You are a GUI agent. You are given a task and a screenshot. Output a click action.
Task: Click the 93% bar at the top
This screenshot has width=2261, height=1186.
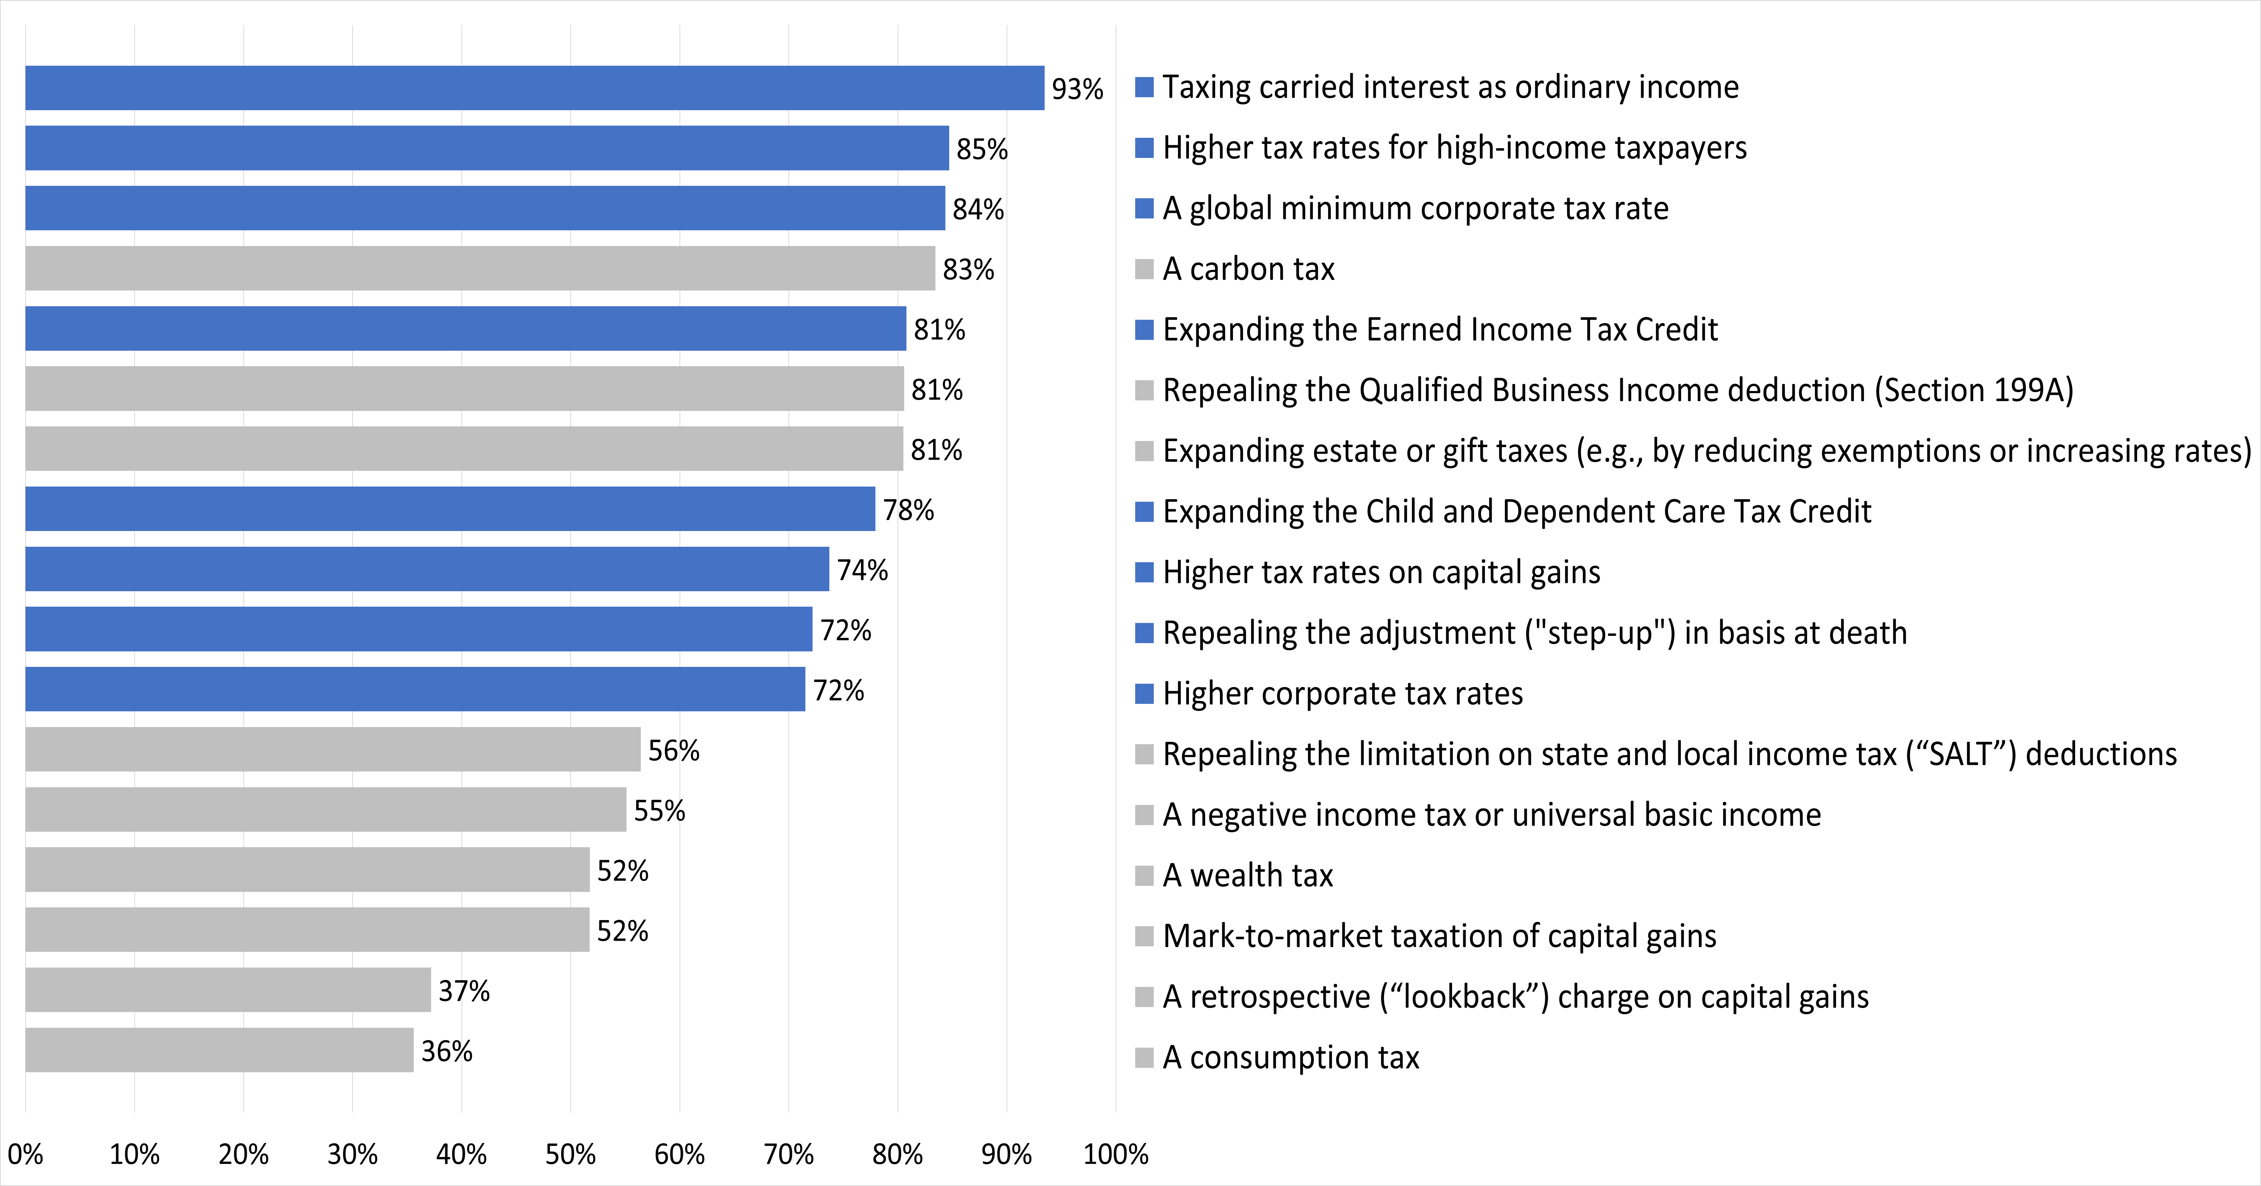pos(535,88)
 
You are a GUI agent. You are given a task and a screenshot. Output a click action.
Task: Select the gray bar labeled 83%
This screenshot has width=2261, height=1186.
pos(480,268)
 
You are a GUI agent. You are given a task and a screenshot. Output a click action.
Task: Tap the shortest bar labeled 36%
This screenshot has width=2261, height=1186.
pos(219,1050)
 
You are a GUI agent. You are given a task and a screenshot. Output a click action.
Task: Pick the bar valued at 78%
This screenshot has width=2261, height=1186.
pos(450,509)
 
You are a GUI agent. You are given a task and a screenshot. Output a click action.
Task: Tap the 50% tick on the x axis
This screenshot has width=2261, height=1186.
pos(570,1153)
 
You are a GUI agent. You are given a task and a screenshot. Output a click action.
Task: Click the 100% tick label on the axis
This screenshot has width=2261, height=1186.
pos(1116,1153)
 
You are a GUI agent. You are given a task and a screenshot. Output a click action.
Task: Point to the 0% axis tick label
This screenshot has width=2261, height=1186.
pos(25,1153)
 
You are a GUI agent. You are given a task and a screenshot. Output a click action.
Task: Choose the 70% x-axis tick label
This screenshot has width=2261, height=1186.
pos(788,1153)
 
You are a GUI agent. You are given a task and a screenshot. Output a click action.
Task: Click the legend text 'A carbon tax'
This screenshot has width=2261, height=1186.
pos(1248,269)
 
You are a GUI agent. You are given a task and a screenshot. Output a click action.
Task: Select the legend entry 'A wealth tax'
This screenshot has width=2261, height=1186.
pos(1247,875)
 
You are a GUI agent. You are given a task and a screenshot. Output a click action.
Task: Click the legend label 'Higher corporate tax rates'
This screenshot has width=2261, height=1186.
pos(1343,694)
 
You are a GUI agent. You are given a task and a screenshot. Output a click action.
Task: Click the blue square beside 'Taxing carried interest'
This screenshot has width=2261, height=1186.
pos(1144,87)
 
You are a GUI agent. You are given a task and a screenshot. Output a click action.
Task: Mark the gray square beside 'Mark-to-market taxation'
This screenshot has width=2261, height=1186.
pos(1144,936)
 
